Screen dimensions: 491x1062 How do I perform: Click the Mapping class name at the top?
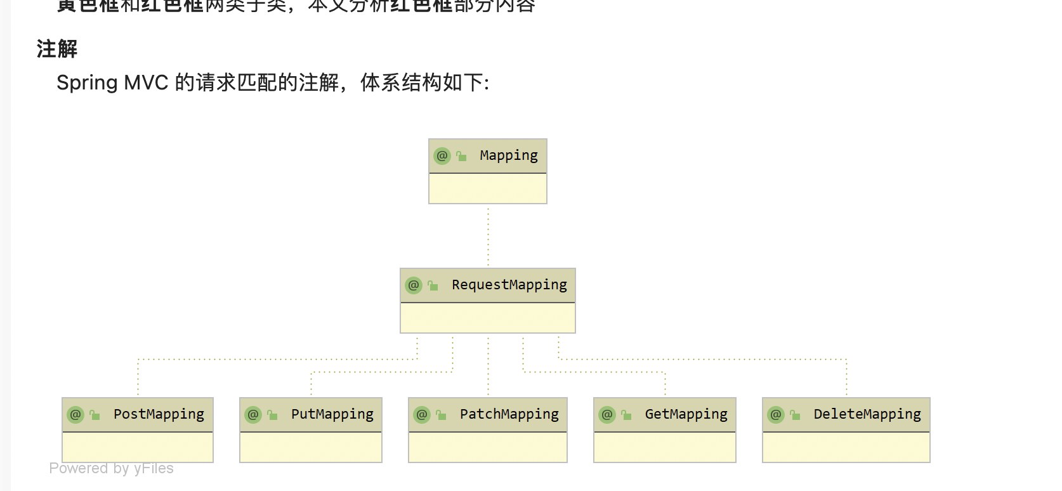(x=508, y=156)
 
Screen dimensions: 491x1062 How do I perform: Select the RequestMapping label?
(x=509, y=285)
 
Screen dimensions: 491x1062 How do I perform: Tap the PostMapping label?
(x=159, y=415)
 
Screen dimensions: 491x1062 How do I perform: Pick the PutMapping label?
(x=332, y=415)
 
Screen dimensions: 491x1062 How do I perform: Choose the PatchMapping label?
(x=509, y=415)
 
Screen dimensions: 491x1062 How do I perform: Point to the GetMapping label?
(x=686, y=415)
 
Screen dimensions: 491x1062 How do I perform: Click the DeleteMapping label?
(x=867, y=415)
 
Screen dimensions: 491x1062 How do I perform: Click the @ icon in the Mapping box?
(x=442, y=156)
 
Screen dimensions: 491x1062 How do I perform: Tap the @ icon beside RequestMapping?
(x=414, y=285)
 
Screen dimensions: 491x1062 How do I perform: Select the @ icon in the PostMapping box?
(x=75, y=415)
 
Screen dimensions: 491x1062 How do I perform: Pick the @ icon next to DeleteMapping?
(x=776, y=415)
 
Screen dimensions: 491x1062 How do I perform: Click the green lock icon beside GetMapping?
(x=626, y=415)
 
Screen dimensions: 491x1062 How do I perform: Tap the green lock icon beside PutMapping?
(x=272, y=415)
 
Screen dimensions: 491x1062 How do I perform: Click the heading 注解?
(x=57, y=49)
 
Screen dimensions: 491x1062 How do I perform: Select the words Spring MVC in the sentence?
(x=112, y=83)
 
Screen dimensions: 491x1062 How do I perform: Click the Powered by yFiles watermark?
(x=111, y=468)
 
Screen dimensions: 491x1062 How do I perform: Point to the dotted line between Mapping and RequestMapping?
(x=488, y=236)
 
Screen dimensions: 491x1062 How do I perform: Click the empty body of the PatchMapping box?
(x=487, y=447)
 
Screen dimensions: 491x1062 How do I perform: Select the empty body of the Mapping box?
(x=487, y=188)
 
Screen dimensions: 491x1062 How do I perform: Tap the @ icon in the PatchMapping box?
(x=422, y=415)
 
